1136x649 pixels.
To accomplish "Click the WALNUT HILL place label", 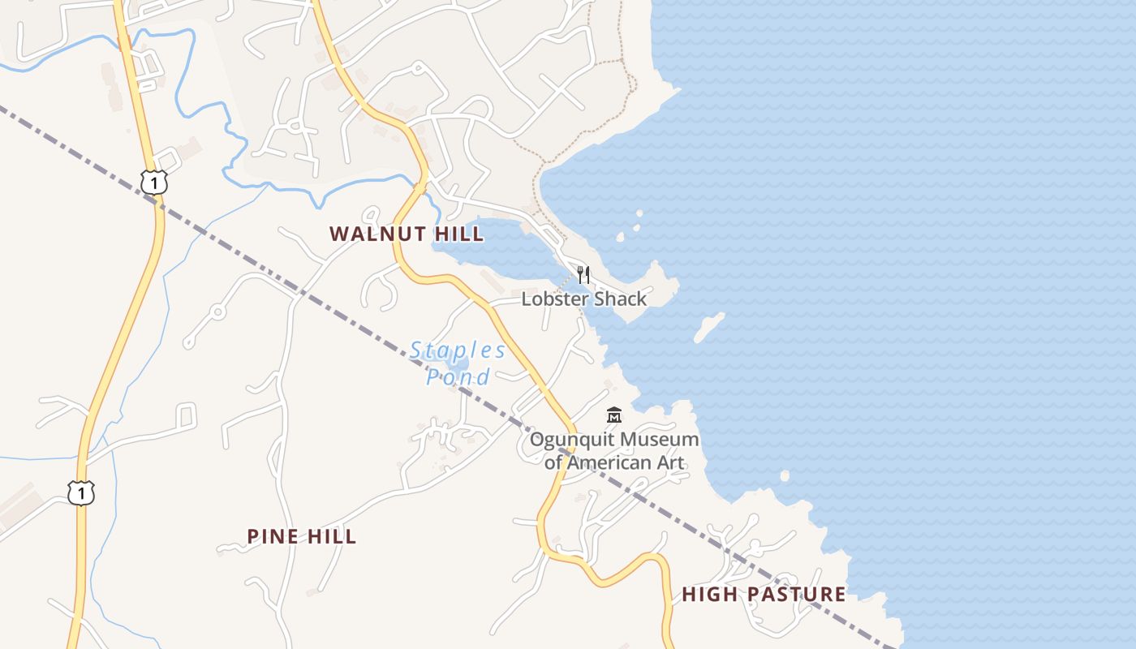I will tap(407, 234).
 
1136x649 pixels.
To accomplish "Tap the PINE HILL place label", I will tap(301, 536).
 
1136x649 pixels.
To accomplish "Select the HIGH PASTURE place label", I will tap(764, 594).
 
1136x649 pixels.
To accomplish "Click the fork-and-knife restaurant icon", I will tap(583, 275).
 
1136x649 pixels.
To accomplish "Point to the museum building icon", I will tap(614, 416).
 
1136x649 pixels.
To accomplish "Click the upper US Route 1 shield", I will tap(153, 182).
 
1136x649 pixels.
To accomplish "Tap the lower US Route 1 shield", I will tap(80, 492).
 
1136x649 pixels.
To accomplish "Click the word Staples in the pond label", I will tap(458, 351).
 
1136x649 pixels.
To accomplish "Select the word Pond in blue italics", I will tap(458, 377).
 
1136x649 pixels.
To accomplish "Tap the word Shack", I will tap(619, 299).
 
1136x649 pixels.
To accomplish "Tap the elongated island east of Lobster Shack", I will tap(709, 328).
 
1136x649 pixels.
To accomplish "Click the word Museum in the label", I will tap(658, 440).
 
